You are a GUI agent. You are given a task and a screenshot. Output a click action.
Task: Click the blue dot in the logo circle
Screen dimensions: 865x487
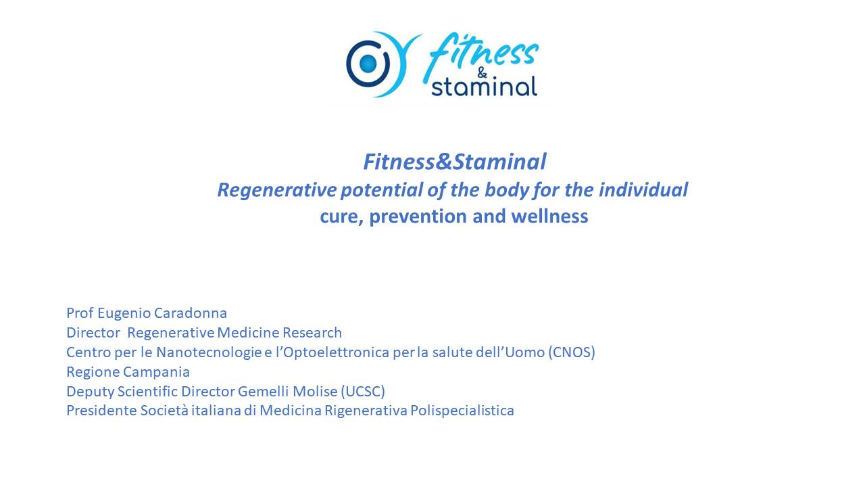coord(368,64)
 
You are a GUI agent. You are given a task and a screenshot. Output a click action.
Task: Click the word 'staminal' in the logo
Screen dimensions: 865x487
coord(485,87)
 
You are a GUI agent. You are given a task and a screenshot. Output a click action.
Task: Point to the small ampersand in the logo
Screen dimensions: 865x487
coord(482,72)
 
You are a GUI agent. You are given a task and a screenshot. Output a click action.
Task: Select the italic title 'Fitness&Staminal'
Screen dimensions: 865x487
coord(455,162)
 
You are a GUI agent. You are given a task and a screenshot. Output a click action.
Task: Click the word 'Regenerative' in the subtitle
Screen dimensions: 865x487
coord(277,190)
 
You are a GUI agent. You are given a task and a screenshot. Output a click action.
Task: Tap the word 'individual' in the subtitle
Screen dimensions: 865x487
coord(643,189)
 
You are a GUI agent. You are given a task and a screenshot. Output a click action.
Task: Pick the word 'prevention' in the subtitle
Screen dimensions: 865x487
coord(418,216)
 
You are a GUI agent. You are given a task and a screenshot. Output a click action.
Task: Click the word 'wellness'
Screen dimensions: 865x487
coord(549,216)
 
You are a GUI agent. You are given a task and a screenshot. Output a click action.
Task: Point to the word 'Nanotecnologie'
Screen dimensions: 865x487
coord(209,353)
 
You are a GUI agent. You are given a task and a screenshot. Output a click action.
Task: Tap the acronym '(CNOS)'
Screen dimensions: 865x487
coord(572,352)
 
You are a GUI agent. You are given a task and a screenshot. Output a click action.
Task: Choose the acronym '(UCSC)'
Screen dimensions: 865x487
coord(363,391)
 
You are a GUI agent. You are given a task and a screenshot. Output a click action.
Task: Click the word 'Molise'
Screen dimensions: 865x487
coord(315,391)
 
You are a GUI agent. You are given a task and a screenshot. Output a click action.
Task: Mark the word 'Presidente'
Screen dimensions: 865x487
coord(101,411)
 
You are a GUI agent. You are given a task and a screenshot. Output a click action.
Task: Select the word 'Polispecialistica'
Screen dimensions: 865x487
coord(462,411)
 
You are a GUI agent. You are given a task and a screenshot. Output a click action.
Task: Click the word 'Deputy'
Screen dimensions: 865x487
coord(91,392)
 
